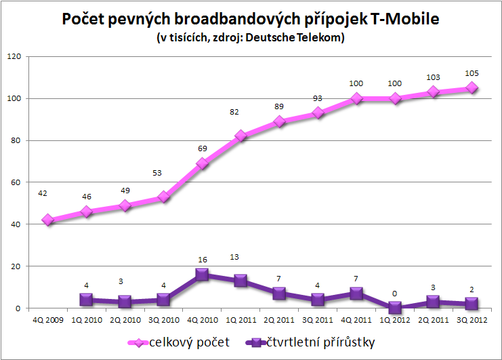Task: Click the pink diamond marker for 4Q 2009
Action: point(47,220)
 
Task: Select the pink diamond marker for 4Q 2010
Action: point(201,163)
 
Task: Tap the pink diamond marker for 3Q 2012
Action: point(472,88)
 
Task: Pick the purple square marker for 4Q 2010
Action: point(201,275)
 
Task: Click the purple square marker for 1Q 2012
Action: point(395,308)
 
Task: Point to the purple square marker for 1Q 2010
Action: point(85,300)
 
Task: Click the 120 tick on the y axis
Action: point(12,56)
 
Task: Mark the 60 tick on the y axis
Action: point(14,182)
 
